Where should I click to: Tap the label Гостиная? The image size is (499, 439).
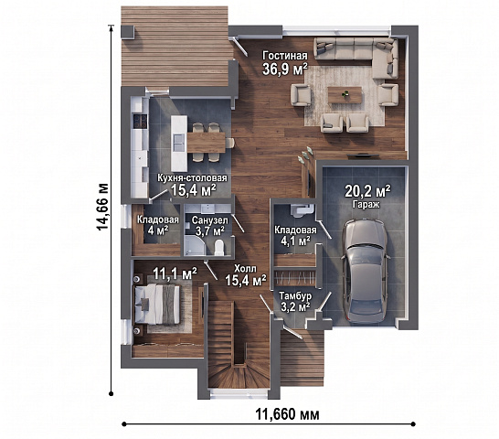click(285, 56)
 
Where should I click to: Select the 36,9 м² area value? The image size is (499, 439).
click(285, 70)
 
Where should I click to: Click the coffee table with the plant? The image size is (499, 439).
click(345, 94)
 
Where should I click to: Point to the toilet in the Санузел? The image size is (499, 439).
click(219, 248)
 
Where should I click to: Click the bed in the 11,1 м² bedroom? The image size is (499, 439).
click(157, 305)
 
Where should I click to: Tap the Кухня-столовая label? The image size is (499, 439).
click(193, 177)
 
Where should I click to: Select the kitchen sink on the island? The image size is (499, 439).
click(178, 143)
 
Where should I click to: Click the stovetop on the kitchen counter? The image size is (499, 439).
click(141, 121)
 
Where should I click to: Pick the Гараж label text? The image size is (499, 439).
click(366, 204)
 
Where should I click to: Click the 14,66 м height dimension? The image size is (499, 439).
click(103, 207)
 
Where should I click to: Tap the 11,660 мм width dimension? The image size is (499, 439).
click(287, 414)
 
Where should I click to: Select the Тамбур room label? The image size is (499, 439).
click(295, 296)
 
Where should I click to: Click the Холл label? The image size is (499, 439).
click(245, 269)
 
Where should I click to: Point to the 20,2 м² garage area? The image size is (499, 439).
click(368, 191)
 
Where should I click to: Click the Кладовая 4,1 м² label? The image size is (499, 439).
click(295, 236)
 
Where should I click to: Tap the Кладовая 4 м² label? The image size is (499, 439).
click(158, 225)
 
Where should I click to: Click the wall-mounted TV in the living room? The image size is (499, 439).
click(363, 155)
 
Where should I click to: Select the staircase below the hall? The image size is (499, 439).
click(238, 345)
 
